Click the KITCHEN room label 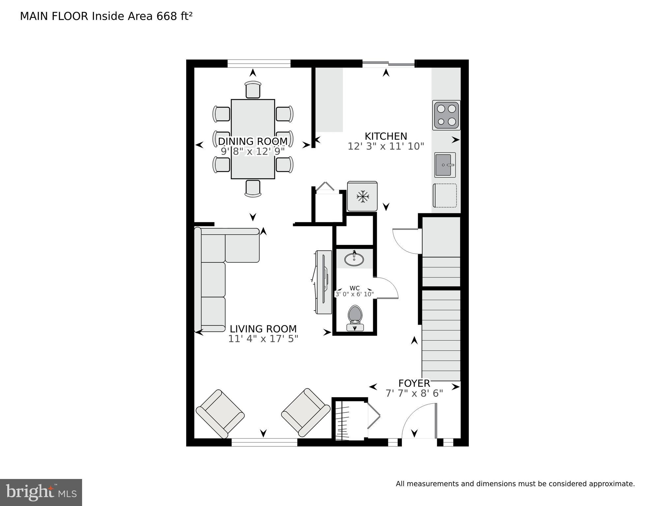(386, 136)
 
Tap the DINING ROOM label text (253, 141)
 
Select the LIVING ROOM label (263, 329)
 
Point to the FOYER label (414, 383)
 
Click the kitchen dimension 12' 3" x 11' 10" (386, 146)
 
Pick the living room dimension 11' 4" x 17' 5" (263, 339)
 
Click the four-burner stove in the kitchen (446, 115)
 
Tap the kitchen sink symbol (445, 165)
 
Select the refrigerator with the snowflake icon (362, 196)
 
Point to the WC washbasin (354, 259)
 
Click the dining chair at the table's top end (253, 90)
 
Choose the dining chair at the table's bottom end (253, 188)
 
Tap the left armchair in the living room (220, 414)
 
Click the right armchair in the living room (306, 413)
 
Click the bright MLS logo (41, 492)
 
